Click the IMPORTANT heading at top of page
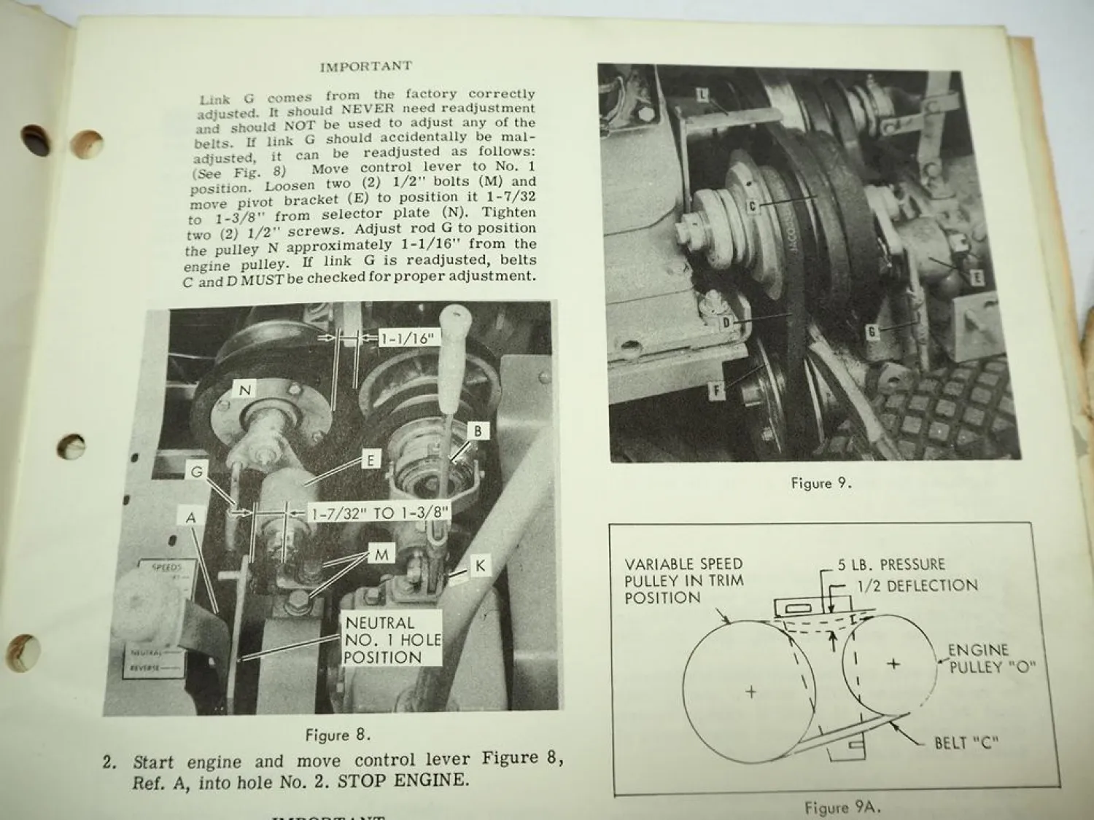click(365, 66)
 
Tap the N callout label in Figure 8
click(245, 391)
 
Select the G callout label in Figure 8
click(196, 472)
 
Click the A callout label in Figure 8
click(191, 518)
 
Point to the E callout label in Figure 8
click(371, 460)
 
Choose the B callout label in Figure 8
click(478, 431)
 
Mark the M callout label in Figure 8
click(381, 555)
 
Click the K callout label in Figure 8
click(480, 566)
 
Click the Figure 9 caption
click(821, 483)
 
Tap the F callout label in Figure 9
click(717, 391)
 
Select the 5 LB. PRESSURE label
click(891, 565)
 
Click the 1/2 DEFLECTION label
click(917, 585)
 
